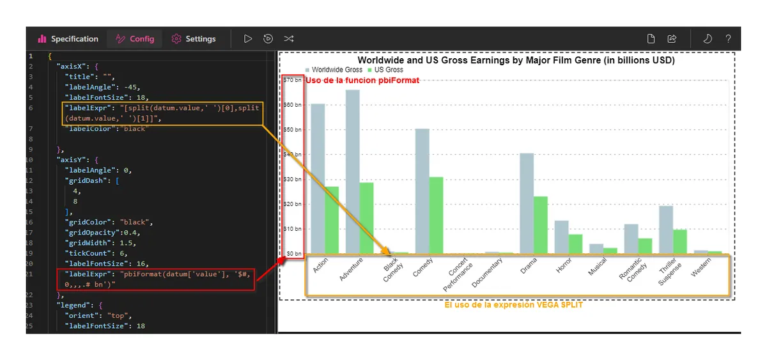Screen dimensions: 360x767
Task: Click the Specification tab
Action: click(68, 39)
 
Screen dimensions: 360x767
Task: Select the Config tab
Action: click(135, 39)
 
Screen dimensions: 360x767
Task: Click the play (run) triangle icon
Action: click(248, 39)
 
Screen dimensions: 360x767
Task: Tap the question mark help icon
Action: click(728, 39)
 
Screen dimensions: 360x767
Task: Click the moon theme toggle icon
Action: click(707, 39)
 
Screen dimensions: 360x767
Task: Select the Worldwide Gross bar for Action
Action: click(318, 178)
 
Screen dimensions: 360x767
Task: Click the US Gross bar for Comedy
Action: click(436, 215)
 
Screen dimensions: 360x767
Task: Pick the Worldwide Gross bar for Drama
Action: click(527, 203)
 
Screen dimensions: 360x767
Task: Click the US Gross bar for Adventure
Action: click(366, 218)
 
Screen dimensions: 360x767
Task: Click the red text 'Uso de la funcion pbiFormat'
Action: click(362, 81)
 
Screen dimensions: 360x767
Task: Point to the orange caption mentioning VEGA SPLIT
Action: click(513, 305)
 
